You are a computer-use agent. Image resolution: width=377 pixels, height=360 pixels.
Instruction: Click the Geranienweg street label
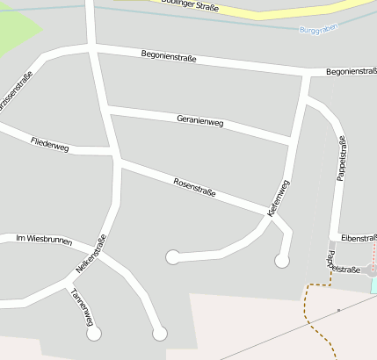coord(200,121)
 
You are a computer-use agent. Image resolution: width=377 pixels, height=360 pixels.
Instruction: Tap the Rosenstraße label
coord(194,186)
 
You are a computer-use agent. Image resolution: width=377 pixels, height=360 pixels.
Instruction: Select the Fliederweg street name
coord(49,144)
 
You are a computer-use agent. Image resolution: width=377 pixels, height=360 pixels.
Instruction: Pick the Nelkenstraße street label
coord(91,253)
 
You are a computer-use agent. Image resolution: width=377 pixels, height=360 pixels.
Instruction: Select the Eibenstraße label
coord(359,238)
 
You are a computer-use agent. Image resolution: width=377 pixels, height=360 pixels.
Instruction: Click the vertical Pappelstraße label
coord(341,158)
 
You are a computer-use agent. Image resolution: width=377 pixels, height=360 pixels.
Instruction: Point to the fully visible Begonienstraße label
coord(168,57)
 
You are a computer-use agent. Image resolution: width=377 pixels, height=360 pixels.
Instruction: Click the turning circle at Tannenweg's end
coord(93,334)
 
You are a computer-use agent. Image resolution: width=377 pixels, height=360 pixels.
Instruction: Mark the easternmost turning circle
coord(282,260)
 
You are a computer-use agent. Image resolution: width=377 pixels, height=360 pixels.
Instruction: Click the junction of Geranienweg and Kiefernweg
coord(291,140)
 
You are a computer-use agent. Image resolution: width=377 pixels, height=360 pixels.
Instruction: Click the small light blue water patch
coord(373,284)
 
